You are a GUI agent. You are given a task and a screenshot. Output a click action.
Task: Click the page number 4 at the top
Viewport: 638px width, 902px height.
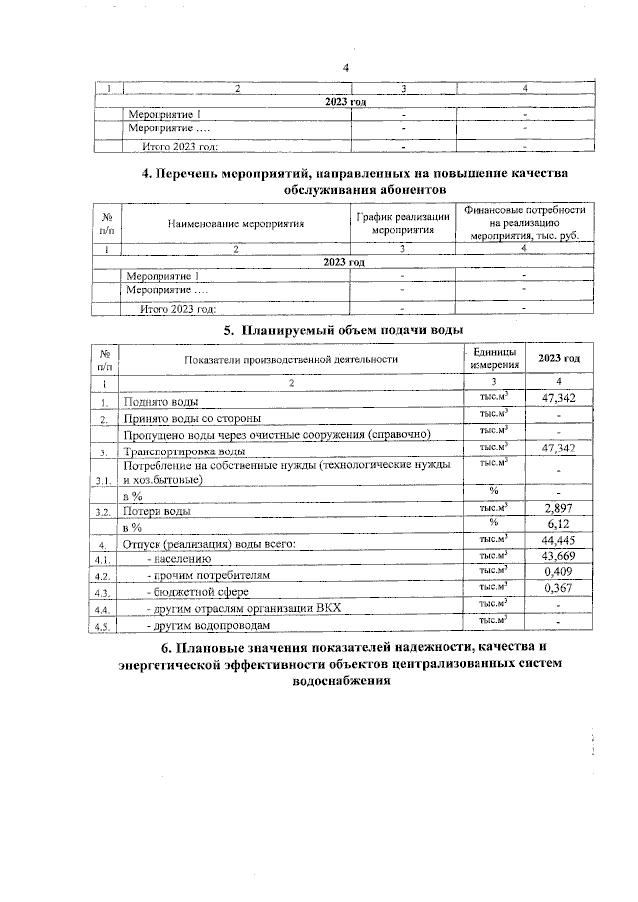[345, 67]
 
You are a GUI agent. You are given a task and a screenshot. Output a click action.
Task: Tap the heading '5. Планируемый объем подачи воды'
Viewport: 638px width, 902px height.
[345, 330]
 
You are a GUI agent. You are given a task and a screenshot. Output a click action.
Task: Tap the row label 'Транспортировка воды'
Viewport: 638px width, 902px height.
[184, 451]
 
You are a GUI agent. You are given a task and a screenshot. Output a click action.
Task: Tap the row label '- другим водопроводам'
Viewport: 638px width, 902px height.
[207, 625]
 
